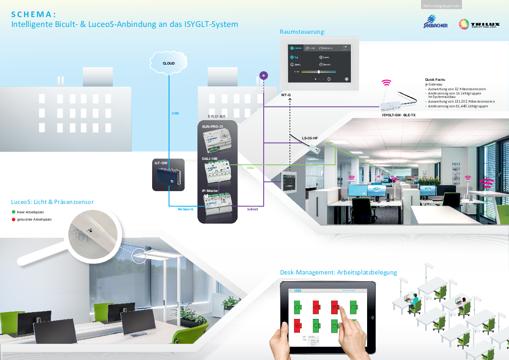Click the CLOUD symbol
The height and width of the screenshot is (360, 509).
(x=169, y=63)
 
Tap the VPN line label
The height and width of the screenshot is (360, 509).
(x=175, y=113)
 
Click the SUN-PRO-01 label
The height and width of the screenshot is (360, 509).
(x=213, y=127)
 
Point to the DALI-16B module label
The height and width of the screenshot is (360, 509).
(x=210, y=159)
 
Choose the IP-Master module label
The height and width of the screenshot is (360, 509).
(x=210, y=191)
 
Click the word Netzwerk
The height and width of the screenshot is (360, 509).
(x=185, y=209)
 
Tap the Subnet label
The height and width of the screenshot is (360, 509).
(x=253, y=209)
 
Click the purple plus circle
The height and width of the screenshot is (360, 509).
(x=264, y=76)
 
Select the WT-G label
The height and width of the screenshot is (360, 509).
(x=285, y=94)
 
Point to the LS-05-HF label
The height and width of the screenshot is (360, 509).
(x=310, y=138)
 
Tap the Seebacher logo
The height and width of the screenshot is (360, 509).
(x=433, y=22)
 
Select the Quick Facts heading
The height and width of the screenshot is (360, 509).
(x=435, y=80)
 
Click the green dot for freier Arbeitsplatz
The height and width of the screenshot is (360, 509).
(x=14, y=212)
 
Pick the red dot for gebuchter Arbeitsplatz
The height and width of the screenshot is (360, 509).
(x=14, y=219)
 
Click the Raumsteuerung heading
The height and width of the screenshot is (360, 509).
(x=303, y=32)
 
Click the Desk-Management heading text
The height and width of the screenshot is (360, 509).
(x=338, y=272)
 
